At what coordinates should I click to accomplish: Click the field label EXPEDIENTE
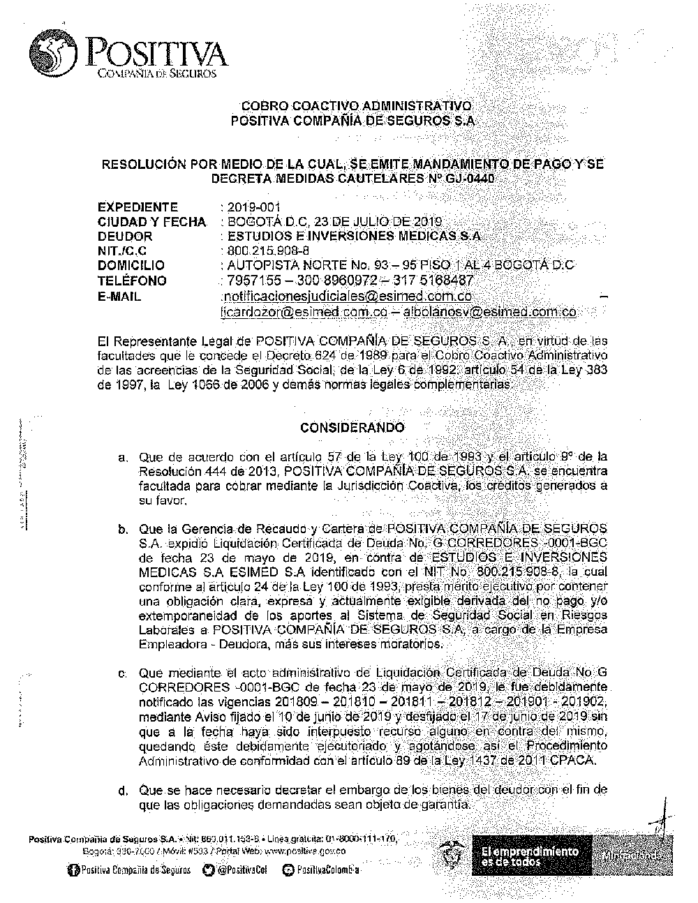[x=138, y=207]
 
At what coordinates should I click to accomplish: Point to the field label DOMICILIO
[x=131, y=266]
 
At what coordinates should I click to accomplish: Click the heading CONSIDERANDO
[x=352, y=427]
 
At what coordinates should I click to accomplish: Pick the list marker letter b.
[x=123, y=529]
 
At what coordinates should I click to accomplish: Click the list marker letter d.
[x=123, y=791]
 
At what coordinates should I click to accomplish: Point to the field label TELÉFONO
[x=132, y=281]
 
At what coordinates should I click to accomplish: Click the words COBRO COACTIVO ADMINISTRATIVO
[x=356, y=106]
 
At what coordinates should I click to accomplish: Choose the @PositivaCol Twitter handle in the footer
[x=237, y=870]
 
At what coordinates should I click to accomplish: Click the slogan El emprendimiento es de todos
[x=530, y=856]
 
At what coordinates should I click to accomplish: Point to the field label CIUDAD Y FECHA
[x=151, y=222]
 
